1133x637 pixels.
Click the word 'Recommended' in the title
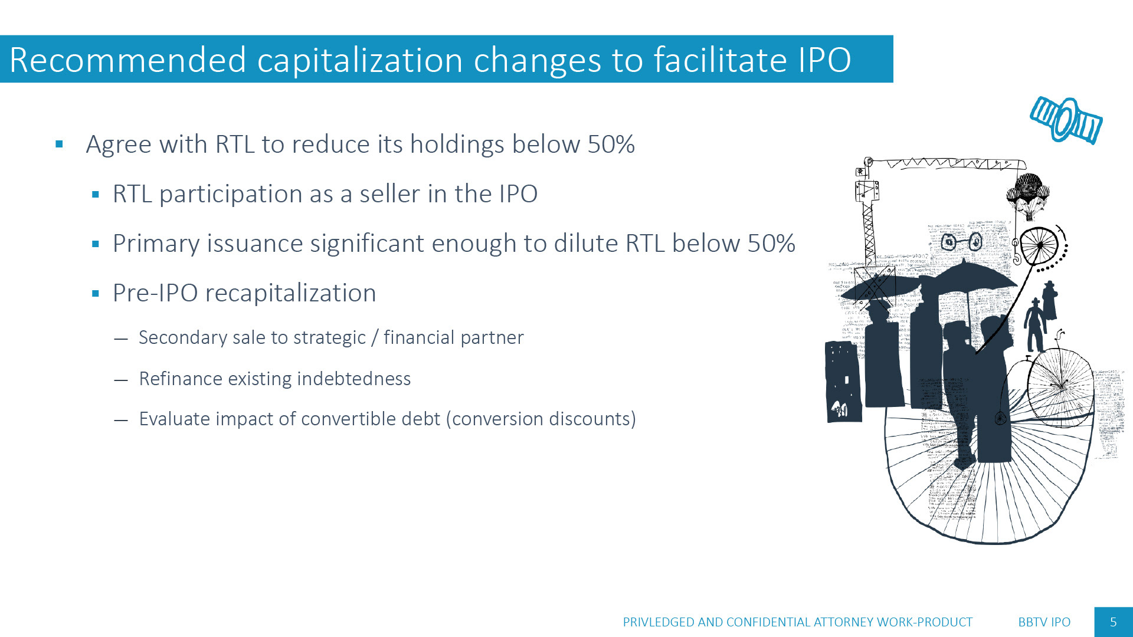point(128,60)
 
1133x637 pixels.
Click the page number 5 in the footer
point(1114,622)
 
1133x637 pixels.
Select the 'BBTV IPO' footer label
point(1044,622)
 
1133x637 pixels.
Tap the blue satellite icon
point(1066,120)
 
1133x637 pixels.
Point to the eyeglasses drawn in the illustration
point(962,241)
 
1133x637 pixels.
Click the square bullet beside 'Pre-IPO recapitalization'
point(96,293)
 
